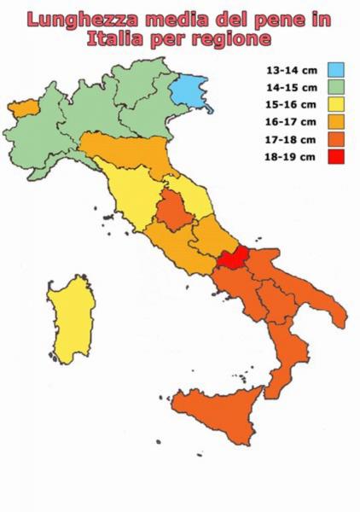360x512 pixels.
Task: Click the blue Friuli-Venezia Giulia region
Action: pos(190,89)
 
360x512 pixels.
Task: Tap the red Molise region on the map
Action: pos(232,259)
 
